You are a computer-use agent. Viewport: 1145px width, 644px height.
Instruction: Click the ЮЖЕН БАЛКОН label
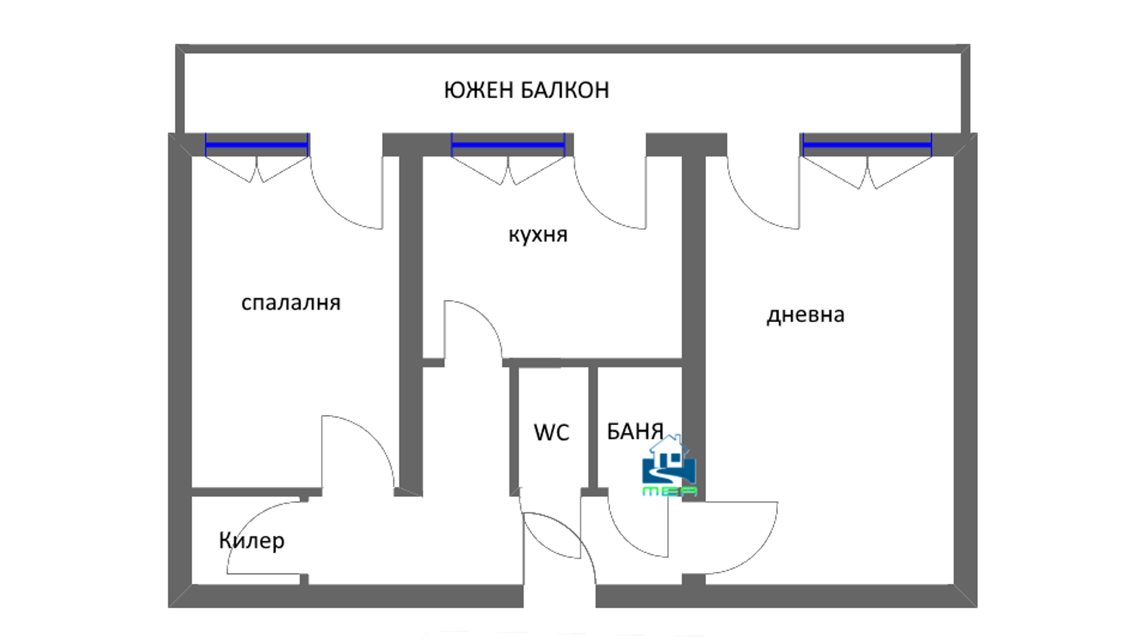point(527,90)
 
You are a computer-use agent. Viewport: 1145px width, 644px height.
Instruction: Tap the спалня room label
point(291,303)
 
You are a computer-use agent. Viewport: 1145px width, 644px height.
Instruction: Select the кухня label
point(538,235)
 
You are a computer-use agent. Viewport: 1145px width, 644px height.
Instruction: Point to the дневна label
point(806,315)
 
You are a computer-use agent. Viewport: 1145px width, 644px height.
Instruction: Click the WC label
point(552,432)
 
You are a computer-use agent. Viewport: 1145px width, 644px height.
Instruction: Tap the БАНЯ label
point(635,431)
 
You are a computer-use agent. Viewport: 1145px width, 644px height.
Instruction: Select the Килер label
point(252,540)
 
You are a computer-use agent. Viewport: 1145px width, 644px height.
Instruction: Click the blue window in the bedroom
point(257,145)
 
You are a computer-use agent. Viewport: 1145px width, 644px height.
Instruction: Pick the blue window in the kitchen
point(508,145)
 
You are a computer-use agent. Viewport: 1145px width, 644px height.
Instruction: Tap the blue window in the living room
point(867,145)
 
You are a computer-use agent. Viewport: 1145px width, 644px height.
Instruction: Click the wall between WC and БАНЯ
point(593,429)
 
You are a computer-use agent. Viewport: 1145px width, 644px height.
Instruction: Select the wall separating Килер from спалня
point(256,492)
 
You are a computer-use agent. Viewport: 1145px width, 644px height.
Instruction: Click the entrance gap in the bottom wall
point(560,596)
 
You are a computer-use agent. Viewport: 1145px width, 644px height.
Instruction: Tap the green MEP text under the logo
point(670,491)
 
